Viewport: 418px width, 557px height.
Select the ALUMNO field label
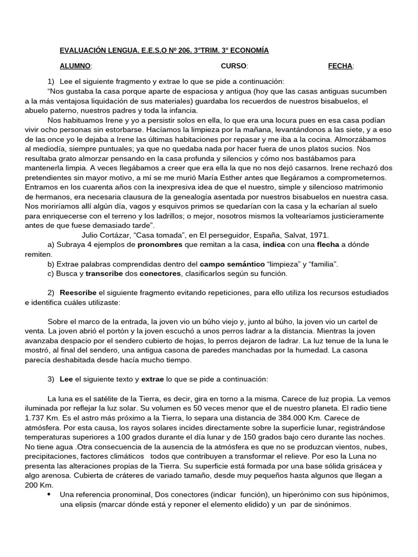[75, 66]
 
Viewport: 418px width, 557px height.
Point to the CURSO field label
[234, 66]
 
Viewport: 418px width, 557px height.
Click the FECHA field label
[340, 66]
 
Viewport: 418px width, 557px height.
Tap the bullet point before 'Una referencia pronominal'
[50, 494]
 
